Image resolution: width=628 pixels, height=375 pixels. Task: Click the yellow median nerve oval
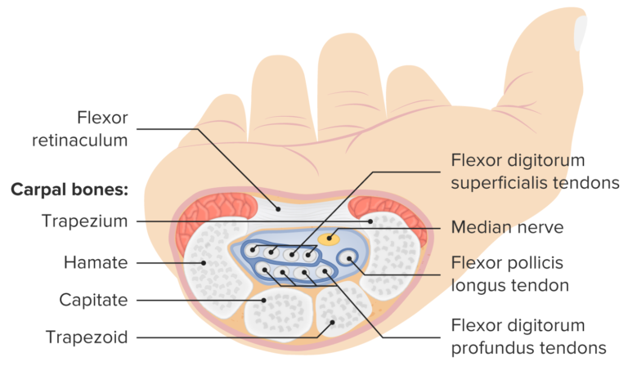point(328,239)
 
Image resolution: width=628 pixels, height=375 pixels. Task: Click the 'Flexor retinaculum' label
point(81,128)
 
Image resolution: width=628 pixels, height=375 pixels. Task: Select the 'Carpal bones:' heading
point(70,190)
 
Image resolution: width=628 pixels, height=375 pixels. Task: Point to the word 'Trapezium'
point(85,221)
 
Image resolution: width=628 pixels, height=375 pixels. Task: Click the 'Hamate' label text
point(96,263)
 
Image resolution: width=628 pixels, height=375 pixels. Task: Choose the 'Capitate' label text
point(93,300)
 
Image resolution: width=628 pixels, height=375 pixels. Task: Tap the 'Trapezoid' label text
point(87,337)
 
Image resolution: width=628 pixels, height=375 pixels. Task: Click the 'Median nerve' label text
point(500,225)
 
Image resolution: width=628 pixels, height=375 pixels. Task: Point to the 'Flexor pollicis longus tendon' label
point(509,275)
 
